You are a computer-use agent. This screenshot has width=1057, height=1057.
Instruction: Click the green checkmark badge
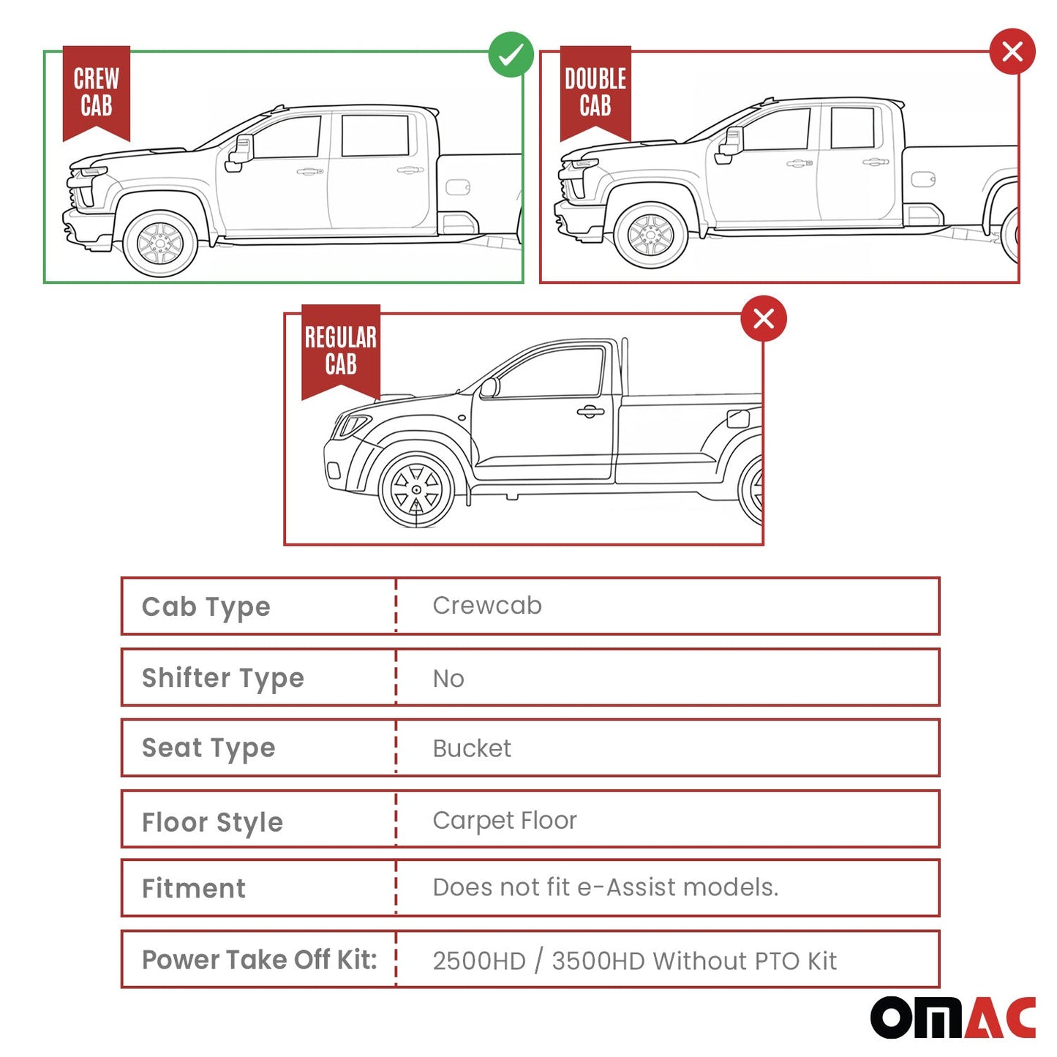pos(511,54)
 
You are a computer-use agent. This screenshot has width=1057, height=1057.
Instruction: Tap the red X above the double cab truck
pos(1012,52)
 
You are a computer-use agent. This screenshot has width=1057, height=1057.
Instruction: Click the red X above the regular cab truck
pos(764,319)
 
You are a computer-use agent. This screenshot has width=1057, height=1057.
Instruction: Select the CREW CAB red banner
pos(97,92)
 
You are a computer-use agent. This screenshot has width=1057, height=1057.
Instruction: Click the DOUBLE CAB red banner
pos(595,92)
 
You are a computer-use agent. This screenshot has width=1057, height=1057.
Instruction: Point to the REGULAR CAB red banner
pos(341,351)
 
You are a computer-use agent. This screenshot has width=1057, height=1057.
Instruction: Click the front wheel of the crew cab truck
pos(159,242)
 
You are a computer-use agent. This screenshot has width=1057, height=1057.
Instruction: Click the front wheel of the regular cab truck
pos(416,489)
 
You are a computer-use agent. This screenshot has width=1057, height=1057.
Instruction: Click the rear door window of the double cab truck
pos(852,128)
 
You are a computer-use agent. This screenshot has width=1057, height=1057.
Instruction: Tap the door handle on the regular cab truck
pos(590,412)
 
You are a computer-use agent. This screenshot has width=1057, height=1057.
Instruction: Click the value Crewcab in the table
pos(487,606)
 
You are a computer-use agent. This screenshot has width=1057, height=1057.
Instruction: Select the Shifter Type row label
pos(223,678)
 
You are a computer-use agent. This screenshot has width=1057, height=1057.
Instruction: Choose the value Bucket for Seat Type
pos(472,748)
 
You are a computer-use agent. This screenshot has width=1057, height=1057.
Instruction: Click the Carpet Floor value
pos(505,820)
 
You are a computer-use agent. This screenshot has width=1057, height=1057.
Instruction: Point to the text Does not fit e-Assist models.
pos(606,887)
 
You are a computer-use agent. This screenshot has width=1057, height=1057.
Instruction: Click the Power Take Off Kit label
pos(260,960)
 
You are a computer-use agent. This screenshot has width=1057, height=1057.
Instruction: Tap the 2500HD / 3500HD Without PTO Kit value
pos(634,960)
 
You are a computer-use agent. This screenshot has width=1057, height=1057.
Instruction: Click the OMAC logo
pos(952,1017)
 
